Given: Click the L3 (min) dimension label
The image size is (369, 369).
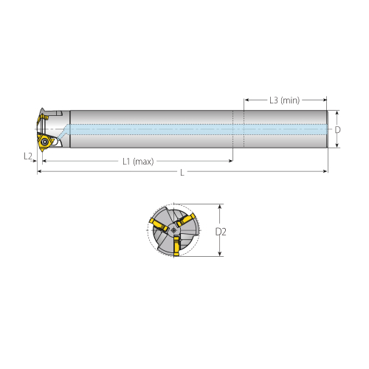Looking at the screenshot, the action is tap(284, 100).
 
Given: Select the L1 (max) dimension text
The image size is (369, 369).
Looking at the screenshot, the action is tap(138, 162).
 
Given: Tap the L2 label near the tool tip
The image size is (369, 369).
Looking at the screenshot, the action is tap(28, 156).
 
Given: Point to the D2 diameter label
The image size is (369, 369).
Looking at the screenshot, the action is tap(221, 232).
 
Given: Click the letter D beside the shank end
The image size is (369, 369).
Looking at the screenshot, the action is tap(337, 130).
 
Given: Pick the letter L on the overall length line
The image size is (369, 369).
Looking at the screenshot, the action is tap(182, 173).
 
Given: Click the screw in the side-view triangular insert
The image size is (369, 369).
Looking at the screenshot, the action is tap(45, 142).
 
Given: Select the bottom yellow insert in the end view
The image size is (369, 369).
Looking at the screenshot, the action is tap(176, 246).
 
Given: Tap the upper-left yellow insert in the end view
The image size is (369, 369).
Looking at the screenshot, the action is tap(159, 224).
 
